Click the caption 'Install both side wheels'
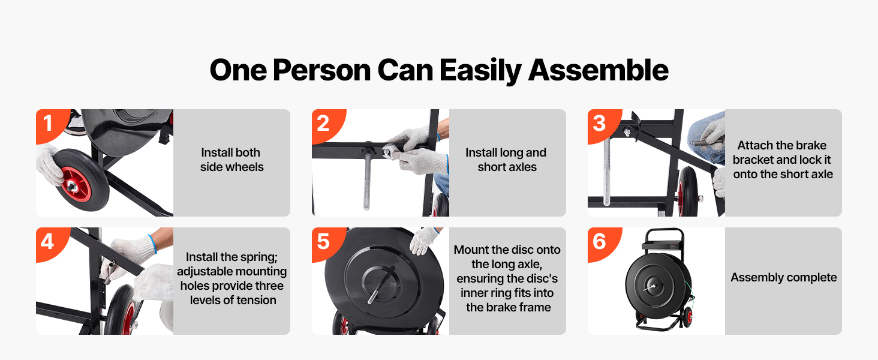tap(231, 160)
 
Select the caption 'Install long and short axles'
tap(506, 160)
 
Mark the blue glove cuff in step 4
tap(152, 243)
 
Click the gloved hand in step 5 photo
tap(423, 240)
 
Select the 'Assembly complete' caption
tap(783, 278)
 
